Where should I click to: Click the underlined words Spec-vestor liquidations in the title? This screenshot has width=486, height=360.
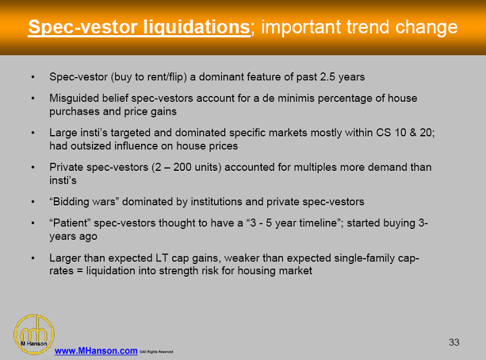click(138, 28)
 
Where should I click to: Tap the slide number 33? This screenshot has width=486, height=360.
click(454, 342)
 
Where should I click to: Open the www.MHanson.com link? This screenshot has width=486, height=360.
click(96, 351)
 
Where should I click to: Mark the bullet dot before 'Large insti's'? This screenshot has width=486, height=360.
click(34, 133)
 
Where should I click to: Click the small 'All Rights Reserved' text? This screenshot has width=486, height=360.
click(157, 352)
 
